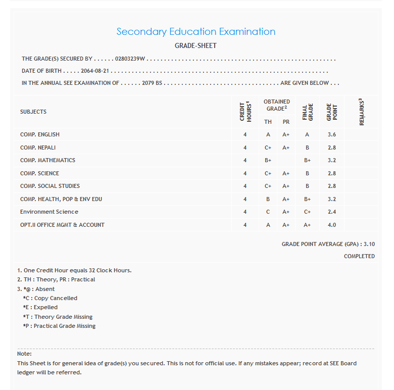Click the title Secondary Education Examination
(x=196, y=32)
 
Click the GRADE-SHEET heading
(x=195, y=46)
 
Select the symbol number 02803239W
(x=130, y=59)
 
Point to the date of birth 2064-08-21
(x=95, y=71)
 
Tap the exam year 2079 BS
(x=152, y=83)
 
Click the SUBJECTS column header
(x=33, y=112)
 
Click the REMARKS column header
(x=361, y=112)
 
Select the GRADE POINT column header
(x=332, y=112)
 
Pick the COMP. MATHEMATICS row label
(x=47, y=160)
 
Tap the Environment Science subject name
(x=49, y=212)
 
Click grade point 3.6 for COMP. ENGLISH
(x=332, y=134)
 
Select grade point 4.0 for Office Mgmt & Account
(x=332, y=225)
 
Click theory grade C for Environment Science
(x=268, y=212)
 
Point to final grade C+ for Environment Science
(x=307, y=212)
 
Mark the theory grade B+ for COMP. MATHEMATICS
(x=268, y=160)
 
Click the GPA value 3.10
(x=369, y=244)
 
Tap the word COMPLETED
(x=359, y=256)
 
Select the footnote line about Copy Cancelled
(x=50, y=298)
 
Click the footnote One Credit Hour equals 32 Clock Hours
(x=74, y=270)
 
